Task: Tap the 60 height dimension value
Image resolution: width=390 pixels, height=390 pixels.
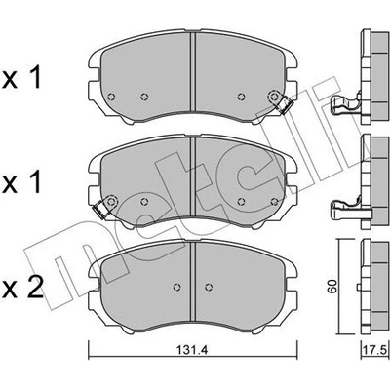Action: (x=332, y=286)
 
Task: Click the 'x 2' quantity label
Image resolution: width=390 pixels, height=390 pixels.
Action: (x=22, y=288)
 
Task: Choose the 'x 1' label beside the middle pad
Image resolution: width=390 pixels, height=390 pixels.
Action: (x=21, y=182)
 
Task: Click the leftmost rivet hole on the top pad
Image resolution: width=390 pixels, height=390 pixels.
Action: (x=111, y=97)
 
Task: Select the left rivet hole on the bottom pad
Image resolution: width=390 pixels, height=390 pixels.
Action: (x=177, y=287)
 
